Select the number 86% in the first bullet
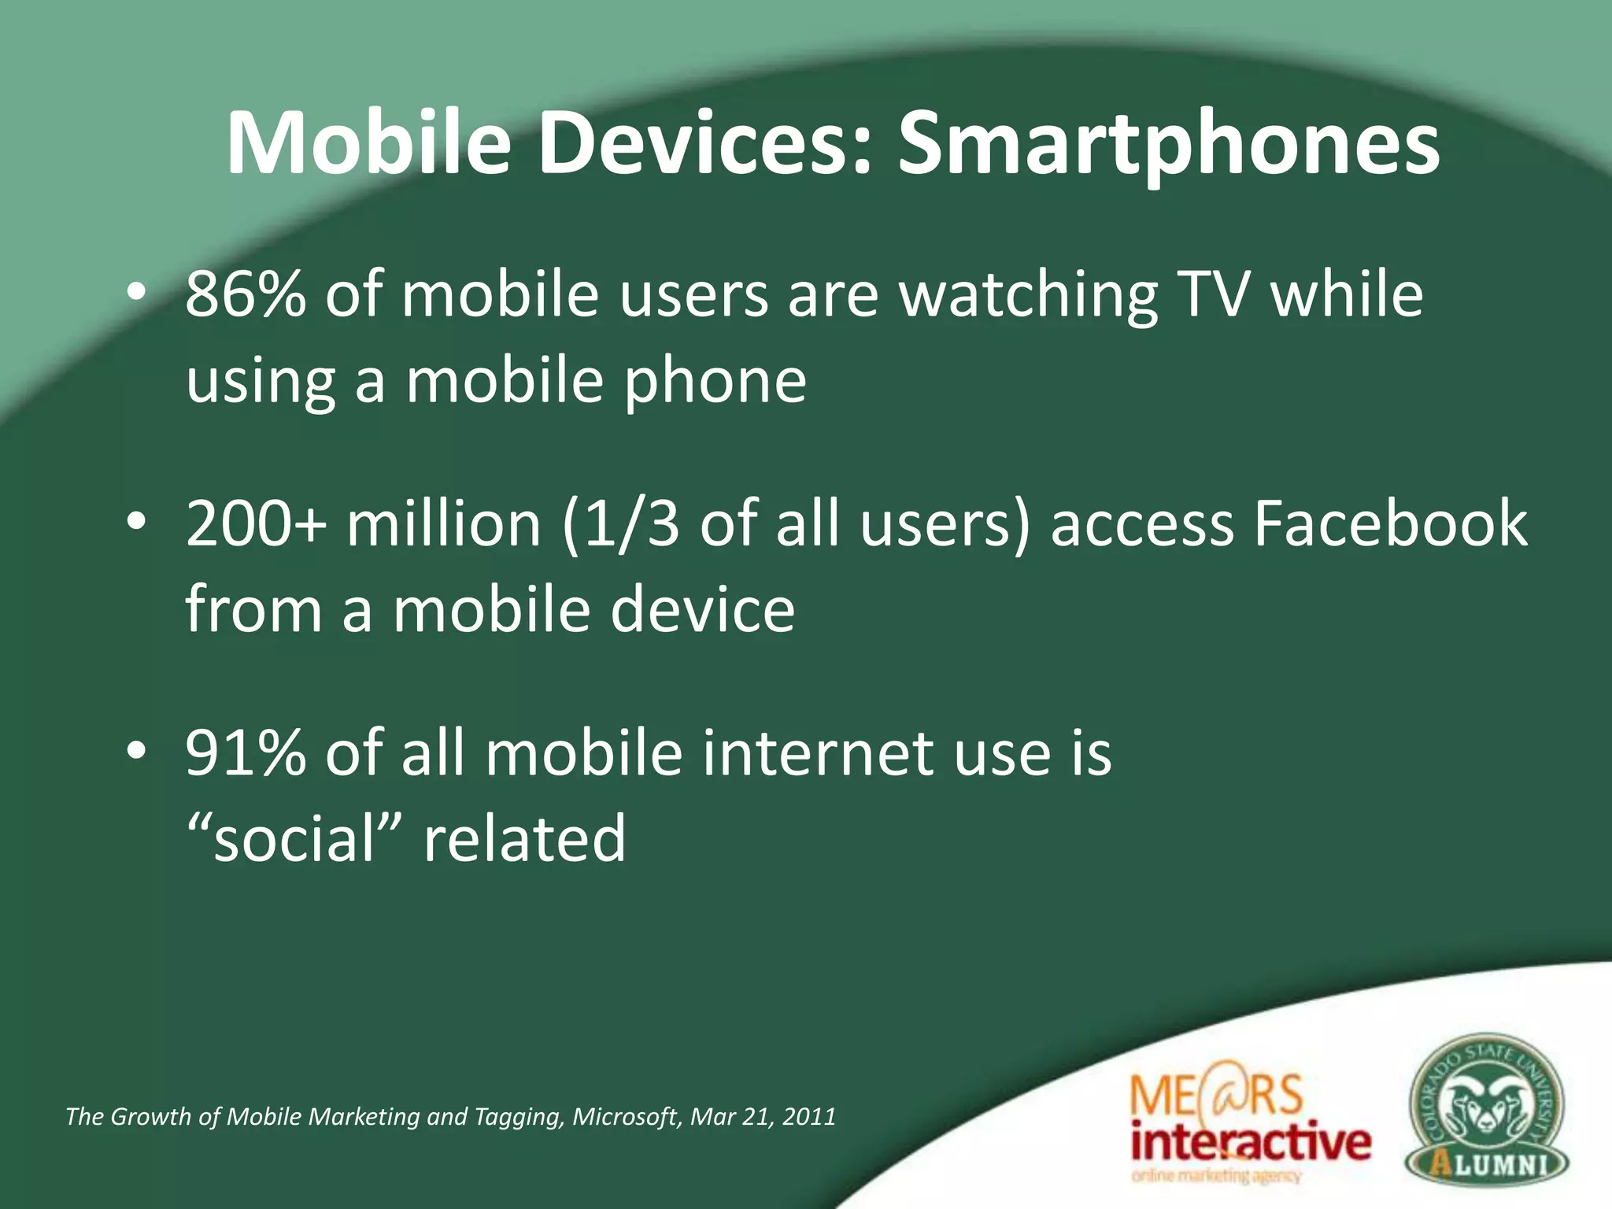point(246,294)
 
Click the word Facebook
point(1390,524)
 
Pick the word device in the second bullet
point(703,610)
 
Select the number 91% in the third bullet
point(246,753)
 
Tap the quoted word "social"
point(295,839)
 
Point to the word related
point(524,839)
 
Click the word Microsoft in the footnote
point(624,1117)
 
